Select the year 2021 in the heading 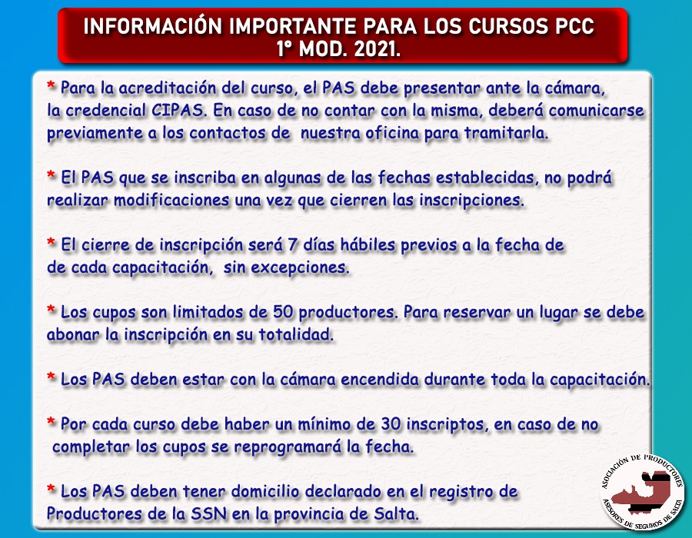point(377,49)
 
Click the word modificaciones point(171,200)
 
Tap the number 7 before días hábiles point(291,244)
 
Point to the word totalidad point(296,334)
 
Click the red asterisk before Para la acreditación point(52,85)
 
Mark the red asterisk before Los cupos point(52,309)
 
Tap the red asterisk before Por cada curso point(52,421)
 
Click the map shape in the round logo point(644,493)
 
